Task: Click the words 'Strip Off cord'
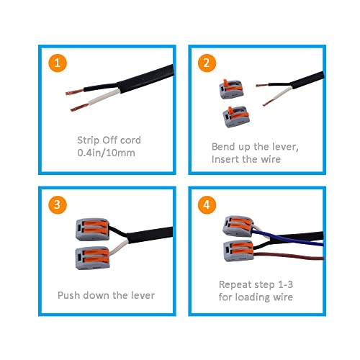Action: click(x=109, y=140)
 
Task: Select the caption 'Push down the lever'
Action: click(x=105, y=295)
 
